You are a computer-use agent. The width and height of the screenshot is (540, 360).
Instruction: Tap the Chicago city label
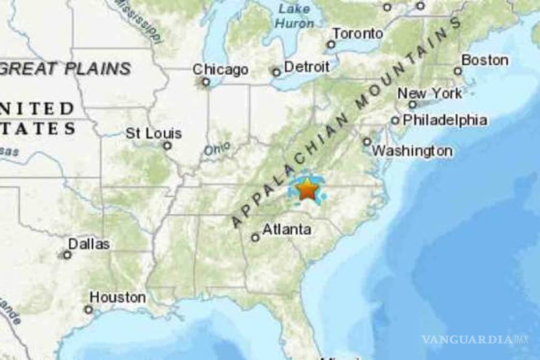pos(220,70)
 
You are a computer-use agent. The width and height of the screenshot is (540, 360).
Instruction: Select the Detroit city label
pos(307,67)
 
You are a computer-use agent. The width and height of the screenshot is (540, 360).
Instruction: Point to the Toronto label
pos(358,33)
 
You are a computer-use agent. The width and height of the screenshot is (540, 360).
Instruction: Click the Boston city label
pos(485,60)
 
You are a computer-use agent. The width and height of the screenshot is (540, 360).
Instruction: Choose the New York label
pos(430,94)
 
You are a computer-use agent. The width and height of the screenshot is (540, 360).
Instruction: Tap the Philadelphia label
pos(445,120)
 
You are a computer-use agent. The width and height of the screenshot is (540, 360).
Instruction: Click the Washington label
pos(413,151)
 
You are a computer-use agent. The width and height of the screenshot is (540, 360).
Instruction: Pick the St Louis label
pos(153,133)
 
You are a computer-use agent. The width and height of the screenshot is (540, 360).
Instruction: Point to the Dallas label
pos(89,244)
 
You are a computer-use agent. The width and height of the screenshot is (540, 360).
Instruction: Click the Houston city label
pos(117,297)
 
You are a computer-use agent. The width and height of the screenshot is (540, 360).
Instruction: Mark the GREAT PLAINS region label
pos(65,69)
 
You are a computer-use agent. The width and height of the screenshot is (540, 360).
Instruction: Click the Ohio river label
pos(217,148)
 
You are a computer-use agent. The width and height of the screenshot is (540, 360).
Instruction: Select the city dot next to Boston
pos(458,71)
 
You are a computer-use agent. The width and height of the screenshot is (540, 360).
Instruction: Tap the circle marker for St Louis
pos(167,145)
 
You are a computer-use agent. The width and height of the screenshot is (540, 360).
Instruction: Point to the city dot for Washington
pos(367,141)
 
